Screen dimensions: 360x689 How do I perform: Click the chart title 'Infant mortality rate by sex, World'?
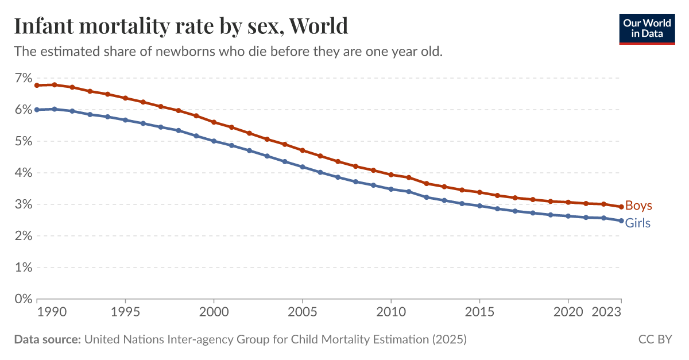coord(181,26)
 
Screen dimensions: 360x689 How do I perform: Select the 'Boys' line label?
coord(638,206)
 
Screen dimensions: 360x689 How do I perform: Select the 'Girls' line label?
coord(637,223)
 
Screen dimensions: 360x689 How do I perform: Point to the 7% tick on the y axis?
coord(22,78)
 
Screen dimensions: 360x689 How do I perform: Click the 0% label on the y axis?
coord(22,299)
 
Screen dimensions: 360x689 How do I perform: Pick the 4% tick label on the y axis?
coord(22,172)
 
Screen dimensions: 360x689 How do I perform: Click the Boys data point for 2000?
coord(214,122)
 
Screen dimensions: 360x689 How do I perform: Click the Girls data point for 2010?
coord(391,189)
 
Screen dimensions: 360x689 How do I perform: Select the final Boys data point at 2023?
coord(621,207)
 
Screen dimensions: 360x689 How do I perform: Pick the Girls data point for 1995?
coord(125,120)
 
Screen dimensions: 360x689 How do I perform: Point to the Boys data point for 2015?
coord(479,192)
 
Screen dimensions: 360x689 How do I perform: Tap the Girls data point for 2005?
coord(302,167)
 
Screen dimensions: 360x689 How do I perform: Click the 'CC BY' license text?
coord(655,339)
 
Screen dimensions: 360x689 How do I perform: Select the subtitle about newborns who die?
coord(228,51)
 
